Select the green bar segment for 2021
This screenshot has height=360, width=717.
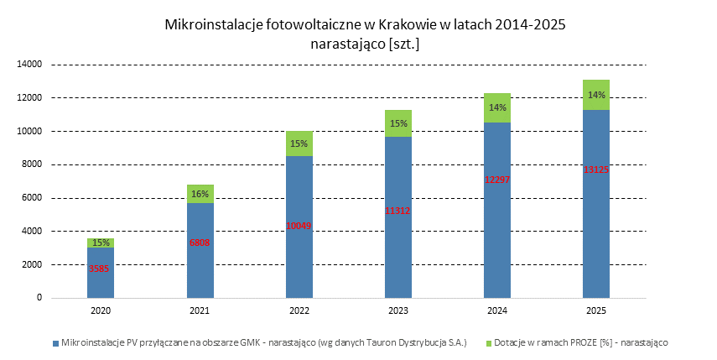pos(200,194)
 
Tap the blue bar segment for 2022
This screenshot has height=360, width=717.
pos(299,193)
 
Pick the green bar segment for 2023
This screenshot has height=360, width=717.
pos(398,123)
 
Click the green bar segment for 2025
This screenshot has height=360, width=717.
pos(596,95)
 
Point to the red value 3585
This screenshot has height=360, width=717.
pos(101,269)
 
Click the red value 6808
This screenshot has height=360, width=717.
pos(200,243)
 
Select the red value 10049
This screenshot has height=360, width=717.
pos(299,225)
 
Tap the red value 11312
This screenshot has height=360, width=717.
pos(398,211)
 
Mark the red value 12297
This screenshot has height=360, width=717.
pos(497,180)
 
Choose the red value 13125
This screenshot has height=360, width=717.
pos(596,169)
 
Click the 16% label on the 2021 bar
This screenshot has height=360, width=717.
pos(200,194)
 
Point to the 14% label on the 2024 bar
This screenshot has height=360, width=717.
pos(497,107)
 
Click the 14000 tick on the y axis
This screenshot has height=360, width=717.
pos(30,64)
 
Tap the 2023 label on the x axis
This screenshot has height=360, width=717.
pos(398,310)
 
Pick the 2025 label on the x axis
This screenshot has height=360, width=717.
pos(596,310)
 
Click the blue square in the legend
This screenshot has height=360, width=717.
pos(55,342)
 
